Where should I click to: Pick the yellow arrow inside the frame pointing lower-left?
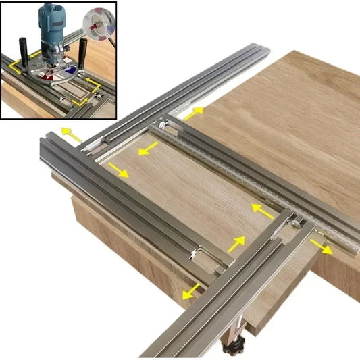147,148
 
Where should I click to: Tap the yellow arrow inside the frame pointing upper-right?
236,243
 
